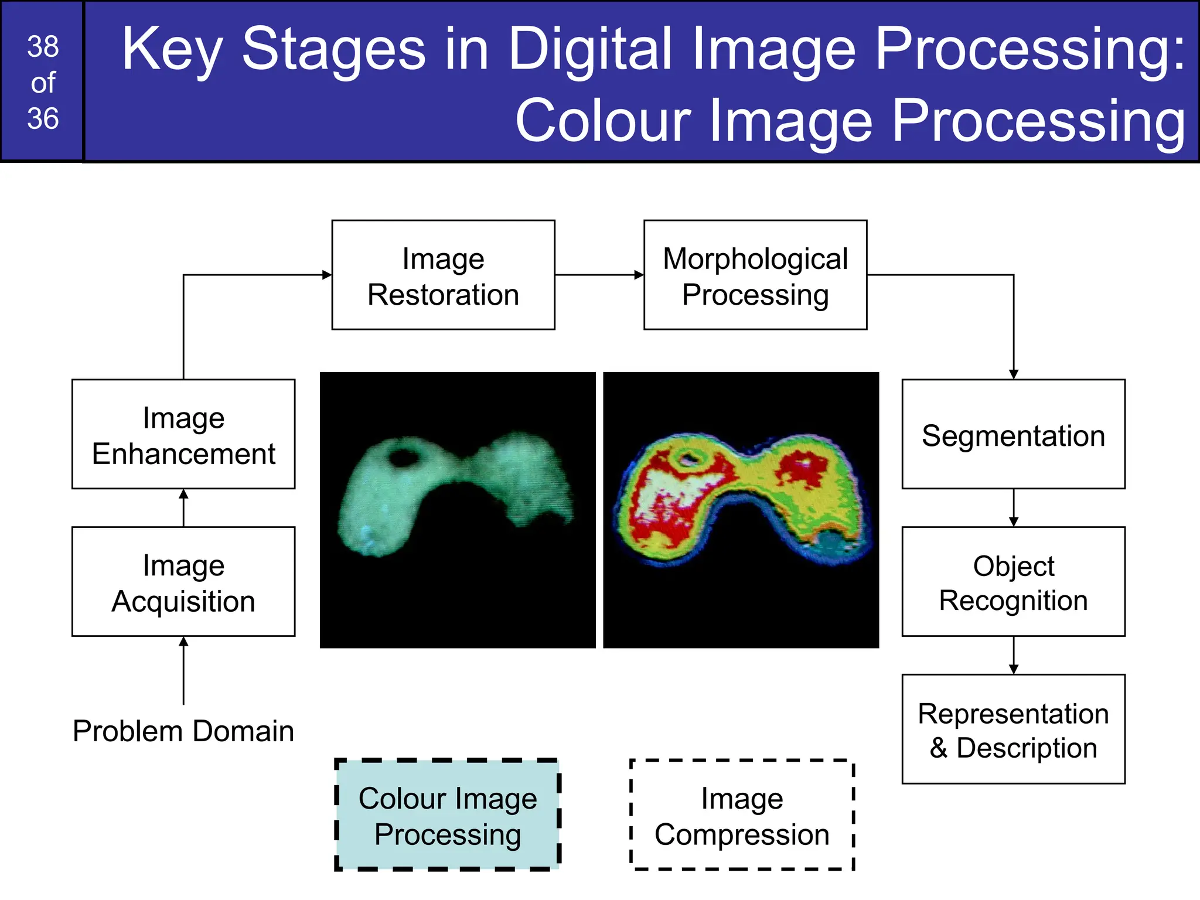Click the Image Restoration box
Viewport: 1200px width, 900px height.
[x=443, y=275]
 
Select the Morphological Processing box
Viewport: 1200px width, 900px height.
[x=755, y=275]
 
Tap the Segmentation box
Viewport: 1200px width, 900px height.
[x=1013, y=434]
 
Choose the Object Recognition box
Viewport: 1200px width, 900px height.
[x=1013, y=582]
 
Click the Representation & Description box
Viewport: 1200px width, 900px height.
[x=1013, y=729]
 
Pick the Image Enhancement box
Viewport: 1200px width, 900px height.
[x=183, y=434]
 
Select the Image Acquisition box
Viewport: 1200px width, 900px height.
[x=183, y=582]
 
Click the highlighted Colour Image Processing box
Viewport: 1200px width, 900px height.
[x=448, y=815]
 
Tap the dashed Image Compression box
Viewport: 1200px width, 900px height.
[x=742, y=815]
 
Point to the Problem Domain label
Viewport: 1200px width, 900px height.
[x=183, y=731]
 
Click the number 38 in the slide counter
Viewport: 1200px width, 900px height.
[x=43, y=47]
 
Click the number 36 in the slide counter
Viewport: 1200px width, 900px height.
[x=43, y=118]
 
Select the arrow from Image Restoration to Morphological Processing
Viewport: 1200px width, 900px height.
[x=599, y=275]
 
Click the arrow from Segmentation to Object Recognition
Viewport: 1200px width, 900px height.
[x=1014, y=507]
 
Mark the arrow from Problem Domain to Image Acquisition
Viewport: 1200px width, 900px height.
[x=183, y=671]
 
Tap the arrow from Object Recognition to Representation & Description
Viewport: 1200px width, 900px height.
[x=1014, y=655]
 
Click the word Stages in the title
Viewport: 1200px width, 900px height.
[x=333, y=50]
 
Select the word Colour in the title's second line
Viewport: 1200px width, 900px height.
[x=603, y=121]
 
